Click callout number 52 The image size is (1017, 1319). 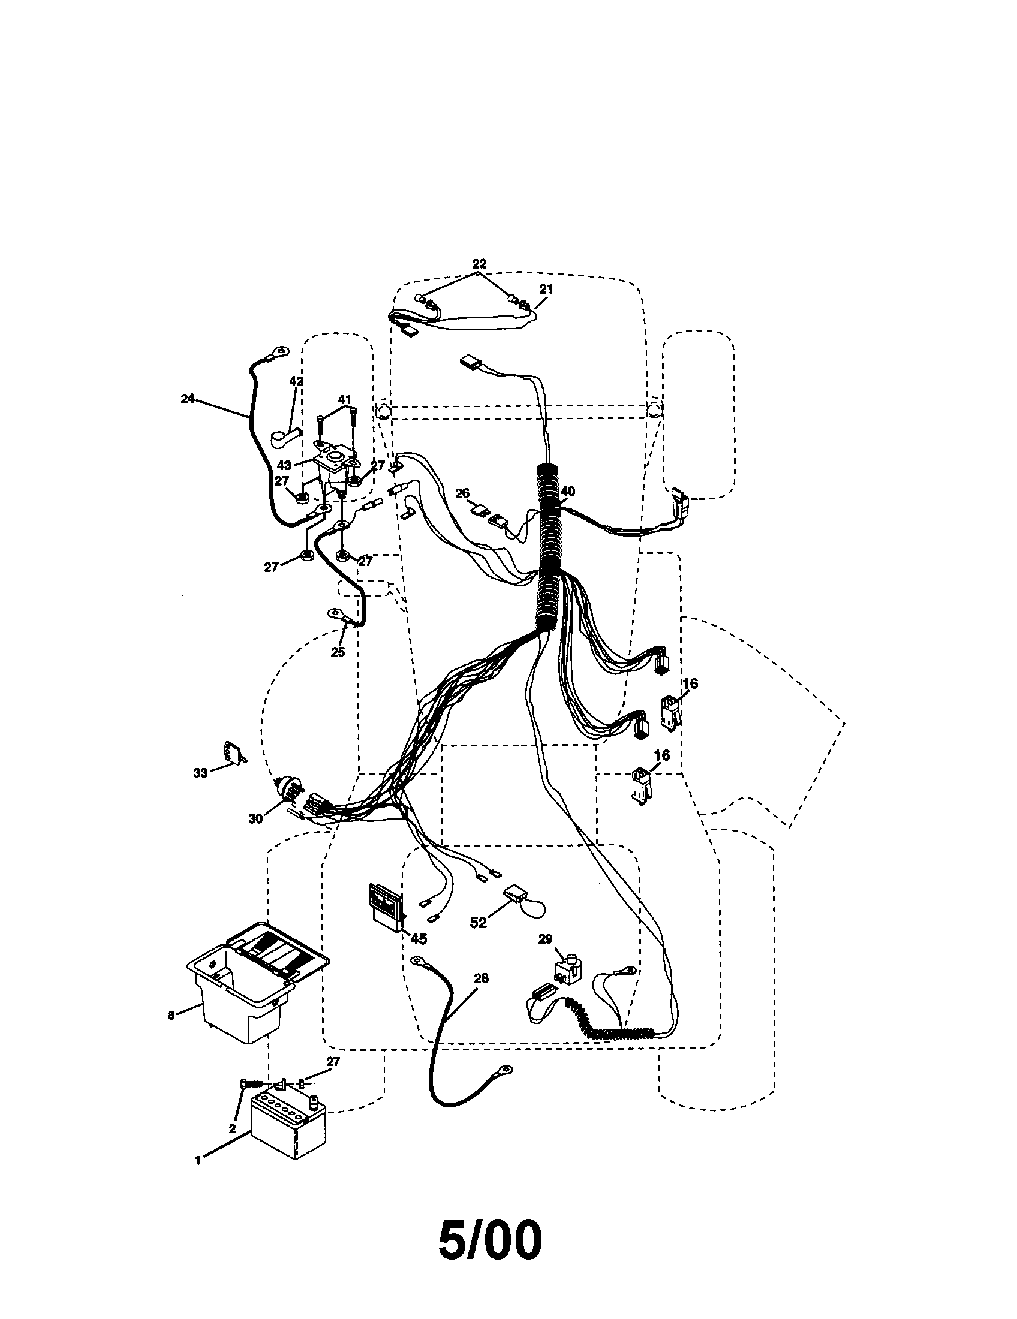point(478,923)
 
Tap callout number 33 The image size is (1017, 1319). point(200,772)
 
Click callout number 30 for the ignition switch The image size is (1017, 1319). point(255,818)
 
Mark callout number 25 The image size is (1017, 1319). point(338,652)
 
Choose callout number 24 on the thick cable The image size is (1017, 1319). point(188,399)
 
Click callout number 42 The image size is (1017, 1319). point(296,381)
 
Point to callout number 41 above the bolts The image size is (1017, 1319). point(344,399)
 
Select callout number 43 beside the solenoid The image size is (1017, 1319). point(284,465)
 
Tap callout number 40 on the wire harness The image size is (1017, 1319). point(568,492)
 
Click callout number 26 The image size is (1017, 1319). point(462,493)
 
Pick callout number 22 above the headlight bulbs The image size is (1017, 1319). point(479,264)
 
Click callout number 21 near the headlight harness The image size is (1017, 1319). point(545,290)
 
